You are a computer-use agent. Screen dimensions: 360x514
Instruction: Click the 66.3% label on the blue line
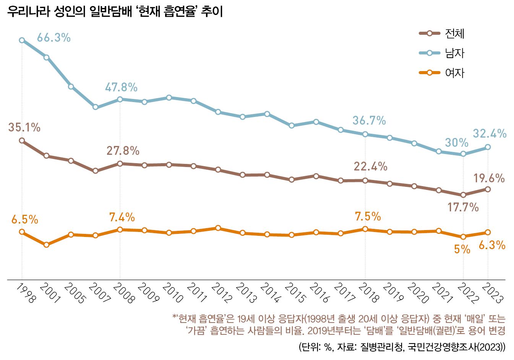[54, 38]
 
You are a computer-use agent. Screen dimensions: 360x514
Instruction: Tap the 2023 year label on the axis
[492, 294]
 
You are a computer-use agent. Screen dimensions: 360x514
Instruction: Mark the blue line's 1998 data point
[22, 40]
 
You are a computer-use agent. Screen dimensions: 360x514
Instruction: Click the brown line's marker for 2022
[463, 195]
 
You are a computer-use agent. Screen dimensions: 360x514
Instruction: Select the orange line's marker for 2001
[46, 245]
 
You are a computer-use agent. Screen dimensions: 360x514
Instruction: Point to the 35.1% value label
[24, 128]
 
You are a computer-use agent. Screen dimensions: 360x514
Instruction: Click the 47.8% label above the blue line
[121, 88]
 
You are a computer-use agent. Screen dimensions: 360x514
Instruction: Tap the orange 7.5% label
[368, 217]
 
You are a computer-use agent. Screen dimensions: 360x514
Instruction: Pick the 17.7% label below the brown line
[463, 208]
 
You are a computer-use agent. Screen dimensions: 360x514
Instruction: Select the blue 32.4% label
[490, 134]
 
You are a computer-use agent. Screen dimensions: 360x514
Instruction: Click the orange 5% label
[462, 249]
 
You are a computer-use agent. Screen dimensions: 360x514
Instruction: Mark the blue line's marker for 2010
[169, 97]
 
